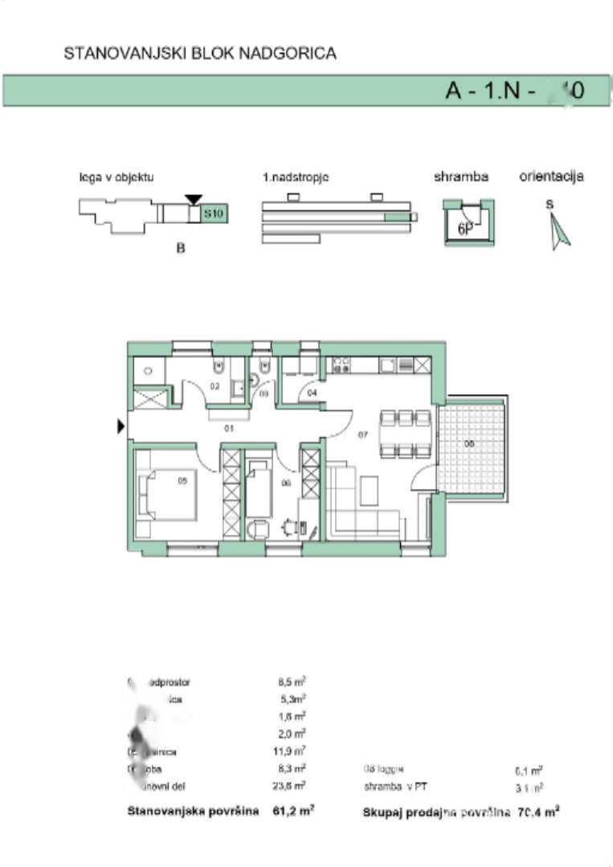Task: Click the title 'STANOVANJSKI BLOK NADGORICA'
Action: pos(199,54)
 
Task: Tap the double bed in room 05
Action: pos(169,495)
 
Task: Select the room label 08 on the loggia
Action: pos(471,442)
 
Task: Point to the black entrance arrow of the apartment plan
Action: pos(121,427)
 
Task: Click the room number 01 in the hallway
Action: pos(228,429)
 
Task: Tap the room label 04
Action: pos(313,392)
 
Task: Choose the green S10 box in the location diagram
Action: pos(213,214)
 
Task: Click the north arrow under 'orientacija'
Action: pos(559,234)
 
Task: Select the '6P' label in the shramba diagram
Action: pos(464,228)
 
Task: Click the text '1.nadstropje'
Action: pos(296,177)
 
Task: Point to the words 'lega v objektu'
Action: pos(116,177)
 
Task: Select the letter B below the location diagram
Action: pos(181,250)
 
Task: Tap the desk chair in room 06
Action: pos(288,527)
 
